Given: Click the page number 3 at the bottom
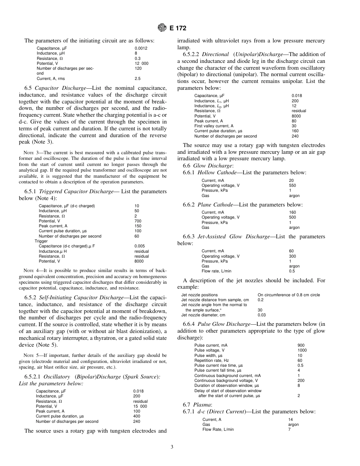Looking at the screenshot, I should point(172,447).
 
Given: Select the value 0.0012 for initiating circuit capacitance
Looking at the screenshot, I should point(141,48).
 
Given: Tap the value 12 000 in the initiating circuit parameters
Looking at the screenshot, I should point(141,63).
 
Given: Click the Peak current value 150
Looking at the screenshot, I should point(138,226).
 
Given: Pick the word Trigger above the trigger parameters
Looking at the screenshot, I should point(41,241).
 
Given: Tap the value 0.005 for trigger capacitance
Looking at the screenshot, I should point(139,246).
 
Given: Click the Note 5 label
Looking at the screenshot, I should point(31,355).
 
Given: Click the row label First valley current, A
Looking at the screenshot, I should point(214,126).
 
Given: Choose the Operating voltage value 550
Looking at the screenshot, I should point(292,186).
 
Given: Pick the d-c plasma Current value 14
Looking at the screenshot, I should point(290,420).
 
